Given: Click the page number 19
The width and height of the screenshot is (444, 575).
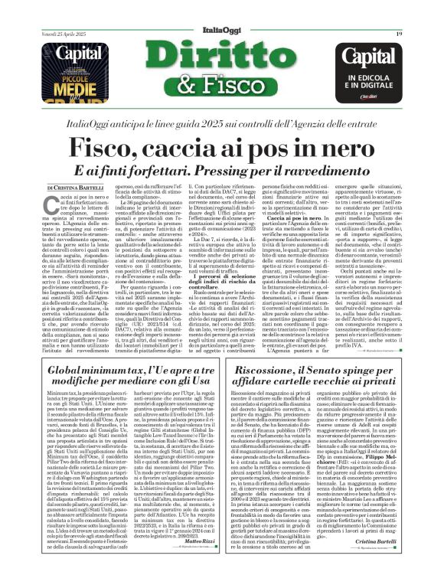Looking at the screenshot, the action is tap(399, 34).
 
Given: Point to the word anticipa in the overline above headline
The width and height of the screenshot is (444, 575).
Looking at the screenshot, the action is tap(160, 124).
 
